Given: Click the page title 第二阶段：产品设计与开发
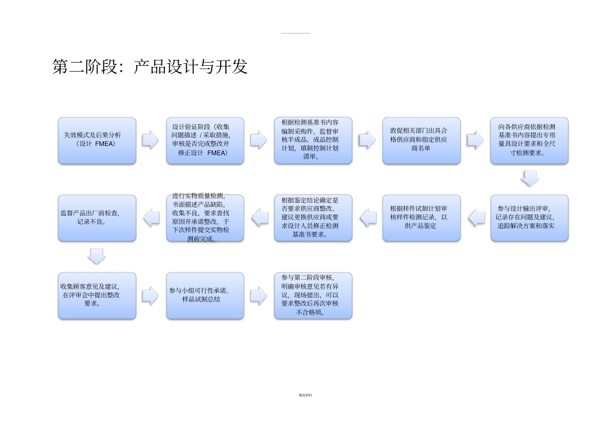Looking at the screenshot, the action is pos(150,67).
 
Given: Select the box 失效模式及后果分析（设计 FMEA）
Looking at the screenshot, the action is pos(97,140).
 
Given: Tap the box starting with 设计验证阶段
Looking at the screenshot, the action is pos(205,140).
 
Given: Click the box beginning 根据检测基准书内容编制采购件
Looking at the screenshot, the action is pos(313,140).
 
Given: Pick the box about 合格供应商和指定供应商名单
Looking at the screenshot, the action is pos(421,140).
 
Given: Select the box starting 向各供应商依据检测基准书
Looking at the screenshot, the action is pos(529,140).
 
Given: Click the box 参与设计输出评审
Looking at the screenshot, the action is pos(529,218).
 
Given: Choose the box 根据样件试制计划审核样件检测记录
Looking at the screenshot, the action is pos(421,218).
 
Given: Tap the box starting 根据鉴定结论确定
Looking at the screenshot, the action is pos(313,218).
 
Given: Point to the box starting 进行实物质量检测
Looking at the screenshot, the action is pos(205,218).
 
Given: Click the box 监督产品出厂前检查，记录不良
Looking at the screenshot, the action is pos(97,218).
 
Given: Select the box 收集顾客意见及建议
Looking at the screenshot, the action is pos(97,295).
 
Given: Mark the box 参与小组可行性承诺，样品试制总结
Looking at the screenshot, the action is pos(205,295).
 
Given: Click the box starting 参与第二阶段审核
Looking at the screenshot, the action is pos(313,295).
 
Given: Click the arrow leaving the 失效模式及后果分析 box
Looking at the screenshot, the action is pos(150,140).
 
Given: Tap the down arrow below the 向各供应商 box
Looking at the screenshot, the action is pos(530,179).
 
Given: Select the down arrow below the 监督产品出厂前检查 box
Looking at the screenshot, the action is pos(97,256).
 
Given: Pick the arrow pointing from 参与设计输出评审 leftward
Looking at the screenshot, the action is pos(476,218).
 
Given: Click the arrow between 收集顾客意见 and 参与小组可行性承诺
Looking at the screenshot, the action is pos(150,295).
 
